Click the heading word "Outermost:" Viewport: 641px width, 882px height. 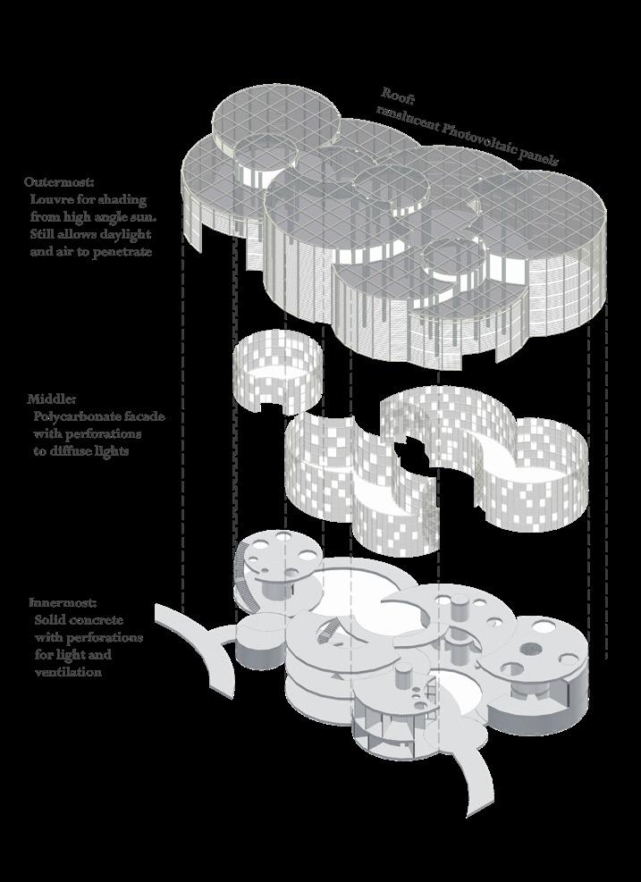tap(59, 182)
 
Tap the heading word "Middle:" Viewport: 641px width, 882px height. tap(51, 399)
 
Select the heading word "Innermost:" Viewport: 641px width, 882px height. tap(63, 603)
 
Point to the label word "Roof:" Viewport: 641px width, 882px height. tap(399, 96)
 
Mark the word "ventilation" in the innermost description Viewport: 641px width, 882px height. tap(68, 672)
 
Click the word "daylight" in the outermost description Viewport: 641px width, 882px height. tap(125, 234)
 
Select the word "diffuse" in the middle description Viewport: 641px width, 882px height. tap(72, 451)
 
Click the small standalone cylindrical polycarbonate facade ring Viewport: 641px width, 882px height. tap(277, 371)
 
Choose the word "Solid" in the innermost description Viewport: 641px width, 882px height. tap(49, 620)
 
